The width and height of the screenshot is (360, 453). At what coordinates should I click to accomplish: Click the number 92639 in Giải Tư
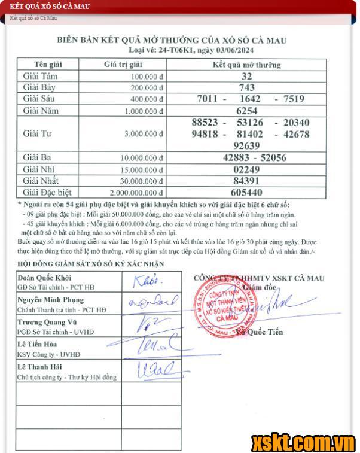[x=247, y=145]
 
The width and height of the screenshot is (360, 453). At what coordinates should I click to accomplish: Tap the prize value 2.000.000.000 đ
[x=137, y=193]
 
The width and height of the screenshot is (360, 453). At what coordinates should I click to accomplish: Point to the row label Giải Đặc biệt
[x=47, y=193]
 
